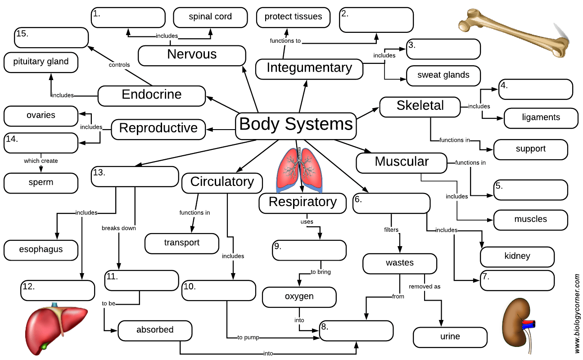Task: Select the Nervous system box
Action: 192,55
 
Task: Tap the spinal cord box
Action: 210,18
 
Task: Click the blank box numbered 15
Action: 51,38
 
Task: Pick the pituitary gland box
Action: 41,62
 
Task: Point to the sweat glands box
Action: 443,76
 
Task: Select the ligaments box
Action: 541,118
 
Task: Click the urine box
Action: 450,337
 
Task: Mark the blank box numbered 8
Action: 357,331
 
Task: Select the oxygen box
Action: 299,297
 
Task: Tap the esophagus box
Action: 41,250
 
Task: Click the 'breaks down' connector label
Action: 119,228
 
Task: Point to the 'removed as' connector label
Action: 425,287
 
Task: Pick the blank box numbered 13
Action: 135,176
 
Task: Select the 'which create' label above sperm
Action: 41,161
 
